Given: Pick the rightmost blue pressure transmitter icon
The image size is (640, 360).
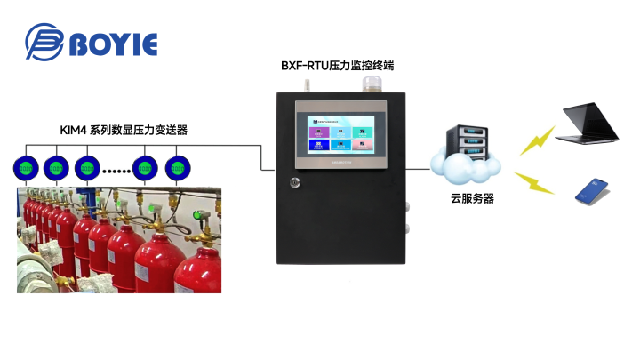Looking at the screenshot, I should point(178,167).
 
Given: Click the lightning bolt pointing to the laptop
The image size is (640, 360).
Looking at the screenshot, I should point(535,141).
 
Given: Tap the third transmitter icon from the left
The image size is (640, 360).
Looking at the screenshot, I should point(87,167).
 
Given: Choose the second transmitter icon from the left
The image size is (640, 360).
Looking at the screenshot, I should point(57,167).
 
